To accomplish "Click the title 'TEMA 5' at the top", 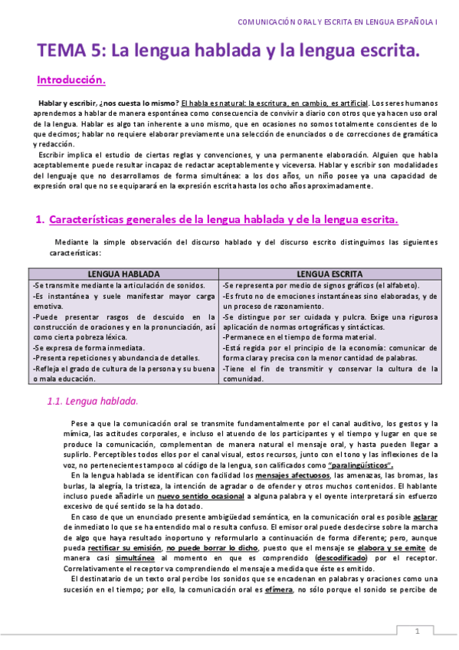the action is (x=72, y=51).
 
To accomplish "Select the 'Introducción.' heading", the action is (x=71, y=80).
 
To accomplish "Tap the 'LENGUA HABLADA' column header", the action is (x=123, y=274).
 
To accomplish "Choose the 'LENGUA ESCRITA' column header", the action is (x=331, y=274).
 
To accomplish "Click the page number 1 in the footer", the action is (x=418, y=631).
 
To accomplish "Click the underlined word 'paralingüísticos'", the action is (x=360, y=465).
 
